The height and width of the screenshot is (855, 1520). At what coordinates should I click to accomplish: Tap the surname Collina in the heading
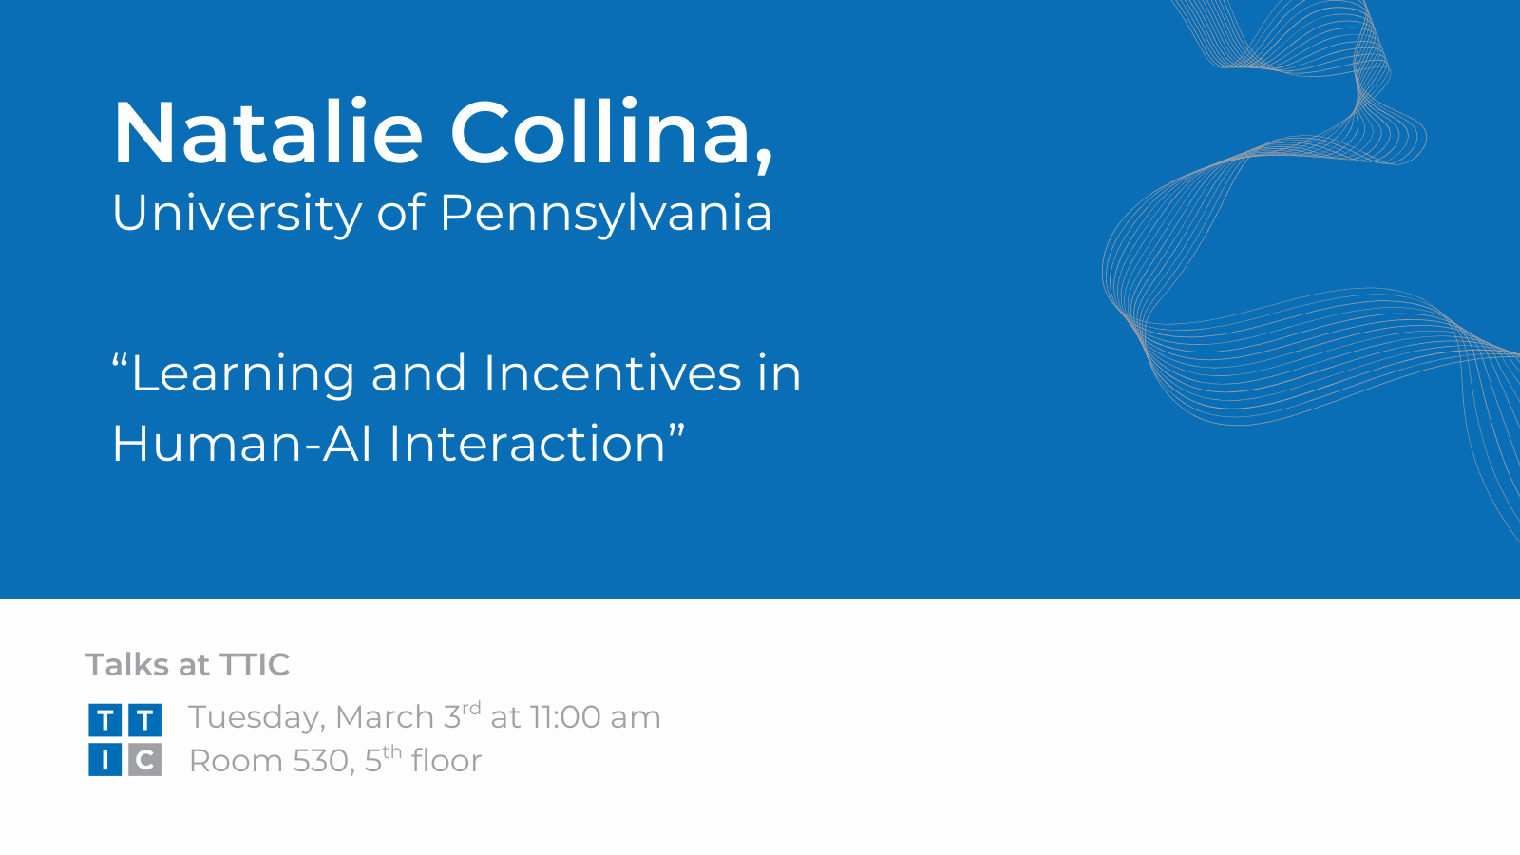(x=599, y=132)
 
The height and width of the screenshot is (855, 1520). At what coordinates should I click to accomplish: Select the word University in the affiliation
(x=237, y=214)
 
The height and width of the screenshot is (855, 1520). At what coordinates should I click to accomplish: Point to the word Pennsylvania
(x=606, y=214)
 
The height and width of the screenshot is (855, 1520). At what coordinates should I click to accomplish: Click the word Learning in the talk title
(x=242, y=374)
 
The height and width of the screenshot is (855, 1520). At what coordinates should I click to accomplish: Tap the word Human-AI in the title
(x=241, y=443)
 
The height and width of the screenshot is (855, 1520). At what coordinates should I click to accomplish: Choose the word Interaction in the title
(x=527, y=443)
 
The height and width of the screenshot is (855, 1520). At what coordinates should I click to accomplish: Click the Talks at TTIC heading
(x=188, y=664)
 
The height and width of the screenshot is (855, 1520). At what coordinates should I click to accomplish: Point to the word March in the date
(x=385, y=717)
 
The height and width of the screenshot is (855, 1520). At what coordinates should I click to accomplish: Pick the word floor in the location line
(x=446, y=760)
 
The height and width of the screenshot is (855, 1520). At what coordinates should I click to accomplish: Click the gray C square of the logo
(x=145, y=760)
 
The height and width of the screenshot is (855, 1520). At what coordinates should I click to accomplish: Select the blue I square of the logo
(x=105, y=760)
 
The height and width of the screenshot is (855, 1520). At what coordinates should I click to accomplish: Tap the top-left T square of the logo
(x=105, y=720)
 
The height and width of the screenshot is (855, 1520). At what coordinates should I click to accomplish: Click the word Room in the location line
(x=236, y=761)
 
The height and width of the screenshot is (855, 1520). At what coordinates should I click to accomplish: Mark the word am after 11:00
(x=636, y=719)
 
